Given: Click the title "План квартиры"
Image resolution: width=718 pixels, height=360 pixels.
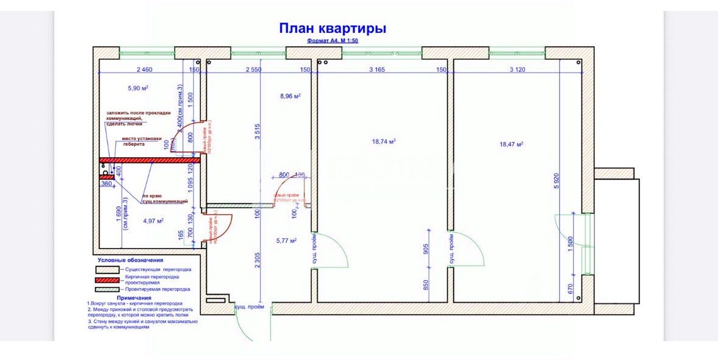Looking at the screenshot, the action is pyautogui.click(x=332, y=28).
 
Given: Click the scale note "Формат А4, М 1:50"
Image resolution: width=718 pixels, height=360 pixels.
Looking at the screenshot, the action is pyautogui.click(x=333, y=41).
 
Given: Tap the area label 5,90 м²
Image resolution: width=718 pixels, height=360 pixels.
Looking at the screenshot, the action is pyautogui.click(x=138, y=88).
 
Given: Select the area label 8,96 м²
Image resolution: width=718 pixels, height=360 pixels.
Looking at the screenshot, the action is pyautogui.click(x=290, y=96).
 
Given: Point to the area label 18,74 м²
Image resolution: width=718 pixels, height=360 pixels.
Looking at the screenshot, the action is pyautogui.click(x=384, y=141).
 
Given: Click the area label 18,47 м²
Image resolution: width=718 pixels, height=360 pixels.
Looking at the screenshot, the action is pyautogui.click(x=512, y=144).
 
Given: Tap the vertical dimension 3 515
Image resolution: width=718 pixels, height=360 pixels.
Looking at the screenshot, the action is pyautogui.click(x=257, y=132).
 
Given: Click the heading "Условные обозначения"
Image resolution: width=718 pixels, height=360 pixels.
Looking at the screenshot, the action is pyautogui.click(x=130, y=260).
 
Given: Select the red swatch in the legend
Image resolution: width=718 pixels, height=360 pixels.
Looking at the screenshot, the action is pyautogui.click(x=107, y=280).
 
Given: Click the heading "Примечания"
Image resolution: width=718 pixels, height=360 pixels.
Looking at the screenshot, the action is pyautogui.click(x=133, y=298).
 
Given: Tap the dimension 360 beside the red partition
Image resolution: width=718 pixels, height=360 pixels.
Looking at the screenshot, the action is pyautogui.click(x=106, y=183).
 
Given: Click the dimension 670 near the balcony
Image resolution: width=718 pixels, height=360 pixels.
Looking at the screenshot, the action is pyautogui.click(x=570, y=289).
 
